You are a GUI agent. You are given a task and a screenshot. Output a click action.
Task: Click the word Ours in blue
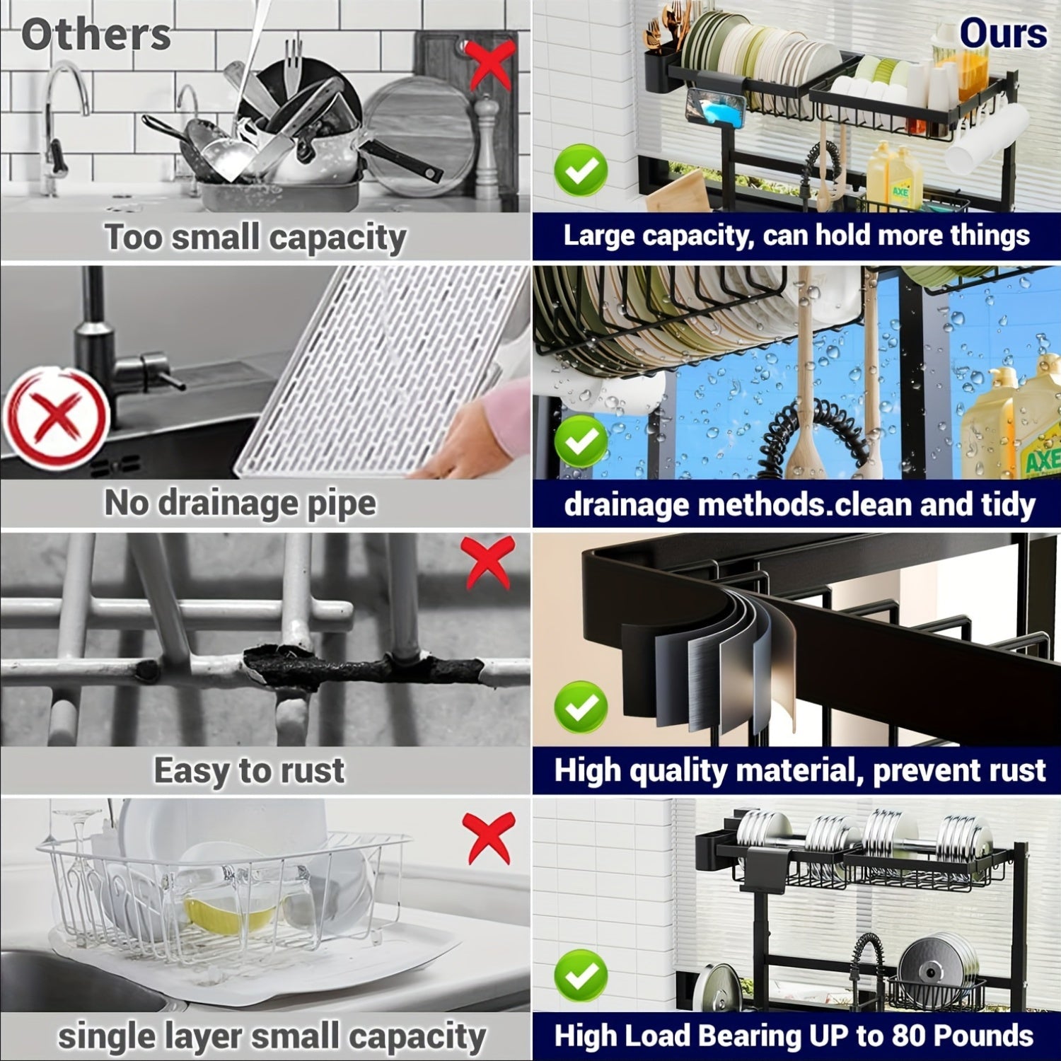click(x=1002, y=34)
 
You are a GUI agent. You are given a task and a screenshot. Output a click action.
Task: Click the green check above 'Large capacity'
click(x=581, y=170)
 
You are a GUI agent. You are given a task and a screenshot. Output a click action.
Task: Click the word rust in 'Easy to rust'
click(x=312, y=770)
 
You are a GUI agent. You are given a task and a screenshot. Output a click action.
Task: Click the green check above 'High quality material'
click(x=581, y=707)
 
